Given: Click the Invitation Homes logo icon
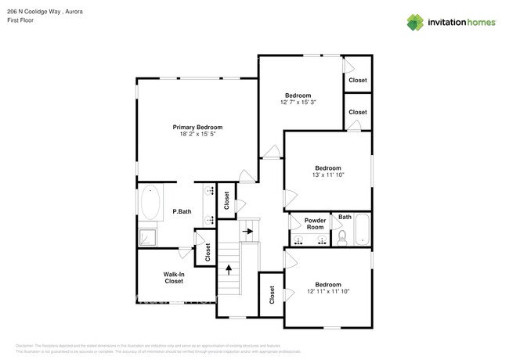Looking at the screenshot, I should point(414,22).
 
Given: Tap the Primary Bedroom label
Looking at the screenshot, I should point(197,127).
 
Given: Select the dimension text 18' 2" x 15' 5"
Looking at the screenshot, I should point(197,135).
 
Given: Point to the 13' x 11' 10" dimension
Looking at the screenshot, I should point(327,175).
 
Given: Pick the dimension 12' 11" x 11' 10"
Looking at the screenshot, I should point(327,291).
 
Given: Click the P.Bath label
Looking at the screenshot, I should point(182,211).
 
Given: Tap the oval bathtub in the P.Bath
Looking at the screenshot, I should point(150,203).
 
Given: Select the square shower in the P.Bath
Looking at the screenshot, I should point(147,236).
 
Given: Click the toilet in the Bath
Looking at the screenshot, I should point(341,237).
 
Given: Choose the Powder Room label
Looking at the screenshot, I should point(315,224).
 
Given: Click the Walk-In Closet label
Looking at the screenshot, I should point(174,277).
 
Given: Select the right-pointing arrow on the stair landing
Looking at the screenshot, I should point(248,232).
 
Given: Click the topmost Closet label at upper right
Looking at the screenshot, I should point(357,81).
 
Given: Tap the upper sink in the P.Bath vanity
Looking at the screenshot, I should point(210,191).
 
